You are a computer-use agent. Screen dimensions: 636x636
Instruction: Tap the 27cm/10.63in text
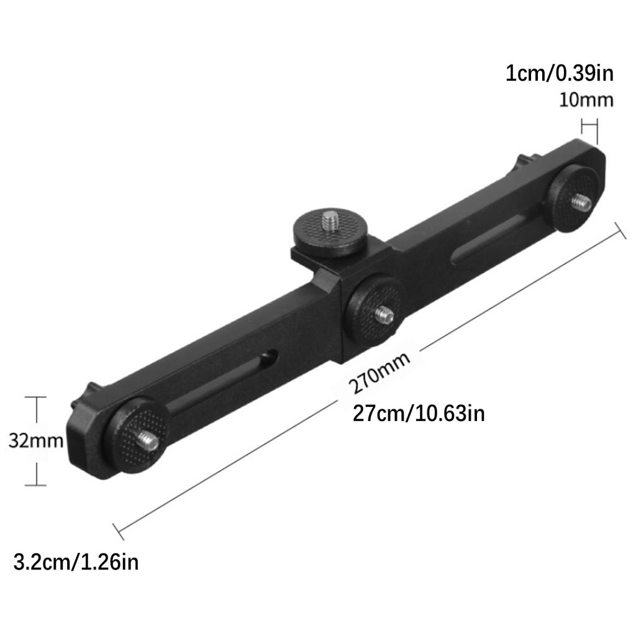point(419,412)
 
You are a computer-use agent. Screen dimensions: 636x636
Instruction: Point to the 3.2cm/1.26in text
point(76,563)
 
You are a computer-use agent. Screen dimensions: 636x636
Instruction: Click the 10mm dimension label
point(586,100)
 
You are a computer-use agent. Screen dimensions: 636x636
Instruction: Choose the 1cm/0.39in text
point(559,74)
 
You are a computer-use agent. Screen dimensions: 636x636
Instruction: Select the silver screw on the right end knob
point(581,201)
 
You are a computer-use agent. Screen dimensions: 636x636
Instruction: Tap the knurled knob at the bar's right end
point(576,198)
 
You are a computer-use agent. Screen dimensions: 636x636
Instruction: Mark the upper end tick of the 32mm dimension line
point(37,397)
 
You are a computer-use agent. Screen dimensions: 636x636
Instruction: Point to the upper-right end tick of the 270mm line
point(619,230)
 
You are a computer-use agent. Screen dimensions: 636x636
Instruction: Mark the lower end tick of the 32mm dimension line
point(37,484)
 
